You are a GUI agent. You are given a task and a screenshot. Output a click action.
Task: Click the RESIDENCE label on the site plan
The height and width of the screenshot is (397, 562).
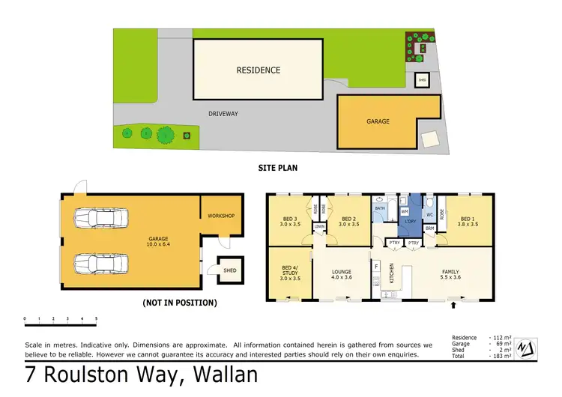click(x=258, y=70)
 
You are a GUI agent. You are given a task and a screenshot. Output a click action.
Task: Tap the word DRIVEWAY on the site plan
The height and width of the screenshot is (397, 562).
click(x=223, y=114)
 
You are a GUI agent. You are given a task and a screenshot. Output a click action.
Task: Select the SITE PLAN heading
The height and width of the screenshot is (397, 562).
click(x=278, y=169)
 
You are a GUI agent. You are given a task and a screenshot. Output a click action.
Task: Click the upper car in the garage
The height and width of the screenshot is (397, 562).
click(x=99, y=219)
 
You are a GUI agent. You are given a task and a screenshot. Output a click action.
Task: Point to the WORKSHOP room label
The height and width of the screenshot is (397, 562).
click(x=222, y=216)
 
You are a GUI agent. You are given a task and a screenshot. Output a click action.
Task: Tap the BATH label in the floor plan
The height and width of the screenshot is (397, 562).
click(x=380, y=209)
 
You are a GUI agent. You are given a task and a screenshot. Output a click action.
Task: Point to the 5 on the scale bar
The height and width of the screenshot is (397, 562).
click(x=96, y=318)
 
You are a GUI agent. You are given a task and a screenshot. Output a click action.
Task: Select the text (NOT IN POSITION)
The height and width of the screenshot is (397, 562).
click(x=179, y=303)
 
